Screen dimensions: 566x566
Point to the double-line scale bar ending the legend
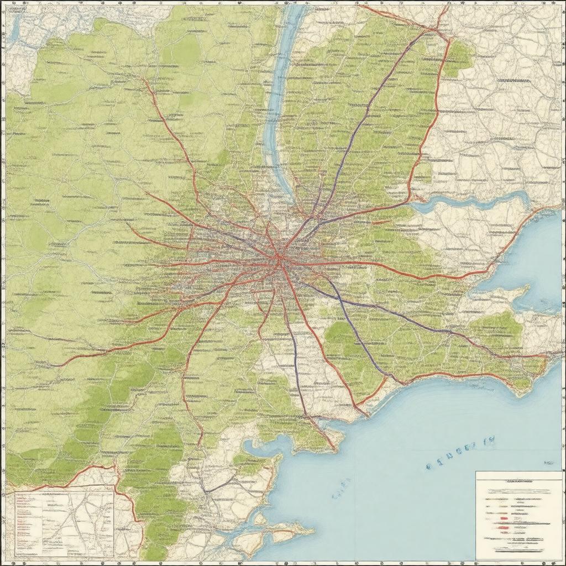[x=518, y=549]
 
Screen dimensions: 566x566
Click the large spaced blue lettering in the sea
[x=460, y=454]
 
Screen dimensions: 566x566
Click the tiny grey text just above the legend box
[x=548, y=463]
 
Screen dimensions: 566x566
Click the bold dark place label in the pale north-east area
[x=513, y=81]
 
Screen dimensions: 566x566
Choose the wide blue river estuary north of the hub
[x=279, y=99]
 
